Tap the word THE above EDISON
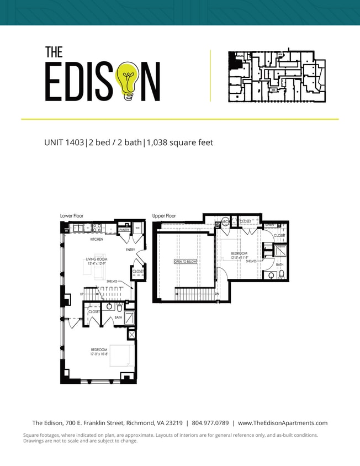point(54,52)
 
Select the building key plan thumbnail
point(277,77)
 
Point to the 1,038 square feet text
point(179,142)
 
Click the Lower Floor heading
point(72,216)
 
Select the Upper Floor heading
point(164,216)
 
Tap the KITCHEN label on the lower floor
point(97,240)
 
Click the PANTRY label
point(124,229)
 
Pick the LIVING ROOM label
point(96,260)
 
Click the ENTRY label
point(130,250)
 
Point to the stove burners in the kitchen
point(97,227)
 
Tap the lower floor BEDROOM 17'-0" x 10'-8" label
point(99,352)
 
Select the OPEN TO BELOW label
point(185,262)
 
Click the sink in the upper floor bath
point(271,275)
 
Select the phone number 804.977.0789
point(211,423)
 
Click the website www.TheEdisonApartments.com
point(283,423)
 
